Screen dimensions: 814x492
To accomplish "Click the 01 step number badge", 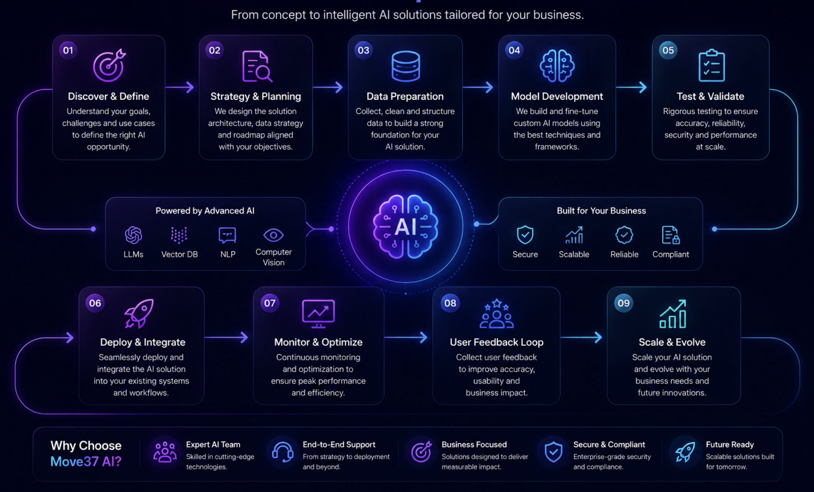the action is click(68, 50).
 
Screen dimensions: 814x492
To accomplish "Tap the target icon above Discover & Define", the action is click(109, 65).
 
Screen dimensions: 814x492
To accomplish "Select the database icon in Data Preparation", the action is click(406, 66).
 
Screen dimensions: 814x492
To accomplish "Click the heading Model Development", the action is click(557, 96).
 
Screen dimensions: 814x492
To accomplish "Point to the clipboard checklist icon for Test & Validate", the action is click(711, 65).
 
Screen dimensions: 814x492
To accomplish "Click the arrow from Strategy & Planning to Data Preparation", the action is click(327, 87).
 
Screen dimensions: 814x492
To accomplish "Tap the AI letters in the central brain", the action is click(406, 226).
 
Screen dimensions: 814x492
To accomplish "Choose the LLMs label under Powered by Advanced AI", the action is click(133, 254).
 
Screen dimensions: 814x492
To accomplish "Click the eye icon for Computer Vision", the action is click(273, 235).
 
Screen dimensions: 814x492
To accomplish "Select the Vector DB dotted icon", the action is click(179, 235).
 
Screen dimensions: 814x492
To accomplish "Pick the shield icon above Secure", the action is click(525, 235).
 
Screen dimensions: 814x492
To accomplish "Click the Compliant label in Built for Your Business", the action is click(670, 254).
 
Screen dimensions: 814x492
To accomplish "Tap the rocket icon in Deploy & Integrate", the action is click(139, 313).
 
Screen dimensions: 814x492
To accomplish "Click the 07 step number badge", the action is click(270, 303).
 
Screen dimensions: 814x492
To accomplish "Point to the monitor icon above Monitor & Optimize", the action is click(318, 314).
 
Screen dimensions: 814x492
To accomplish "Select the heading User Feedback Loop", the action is click(497, 342).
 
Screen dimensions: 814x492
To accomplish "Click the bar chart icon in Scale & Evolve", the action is click(673, 314).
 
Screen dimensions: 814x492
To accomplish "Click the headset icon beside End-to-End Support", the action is click(283, 452).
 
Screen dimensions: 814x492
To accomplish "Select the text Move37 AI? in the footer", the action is click(86, 461).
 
